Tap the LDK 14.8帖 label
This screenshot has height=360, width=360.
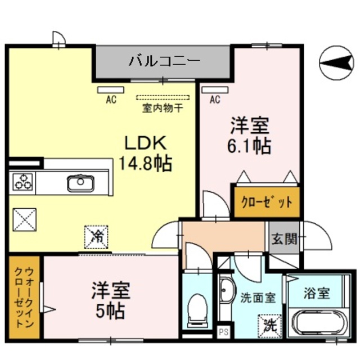click(145, 152)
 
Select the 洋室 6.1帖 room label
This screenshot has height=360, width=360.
click(250, 135)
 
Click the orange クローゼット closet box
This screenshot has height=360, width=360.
click(267, 201)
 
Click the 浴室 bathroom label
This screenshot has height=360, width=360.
click(316, 294)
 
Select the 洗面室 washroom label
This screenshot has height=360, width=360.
click(258, 298)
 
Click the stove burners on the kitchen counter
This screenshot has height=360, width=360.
click(22, 182)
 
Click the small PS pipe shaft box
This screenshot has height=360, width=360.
click(223, 332)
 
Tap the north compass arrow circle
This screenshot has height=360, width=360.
click(336, 62)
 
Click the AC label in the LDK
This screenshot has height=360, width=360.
click(111, 100)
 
